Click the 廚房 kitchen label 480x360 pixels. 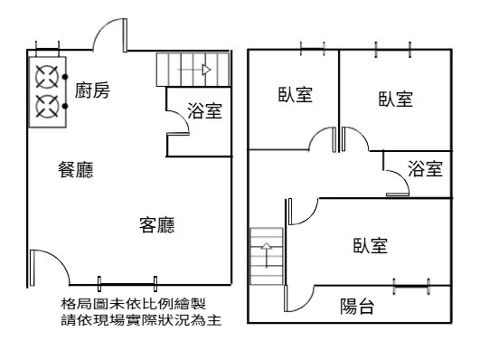click(x=92, y=90)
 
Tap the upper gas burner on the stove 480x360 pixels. click(x=47, y=77)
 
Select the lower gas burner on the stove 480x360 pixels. click(x=47, y=106)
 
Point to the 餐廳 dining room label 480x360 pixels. click(x=76, y=170)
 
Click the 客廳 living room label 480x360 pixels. click(x=157, y=225)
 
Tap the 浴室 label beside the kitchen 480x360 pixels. click(x=204, y=110)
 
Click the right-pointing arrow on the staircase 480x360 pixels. click(x=194, y=70)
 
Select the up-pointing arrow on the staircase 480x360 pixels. click(x=267, y=255)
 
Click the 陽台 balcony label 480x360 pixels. click(x=357, y=307)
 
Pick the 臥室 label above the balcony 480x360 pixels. click(x=371, y=245)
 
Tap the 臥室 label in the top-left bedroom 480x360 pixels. click(x=295, y=95)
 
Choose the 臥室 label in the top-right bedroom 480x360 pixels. click(x=396, y=99)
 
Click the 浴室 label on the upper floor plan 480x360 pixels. click(x=425, y=168)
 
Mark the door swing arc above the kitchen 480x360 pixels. click(x=99, y=27)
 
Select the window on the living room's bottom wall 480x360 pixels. click(x=127, y=284)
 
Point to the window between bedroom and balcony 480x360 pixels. click(x=411, y=287)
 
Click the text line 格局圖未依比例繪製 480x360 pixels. click(x=133, y=304)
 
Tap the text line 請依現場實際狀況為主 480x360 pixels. click(x=141, y=320)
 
